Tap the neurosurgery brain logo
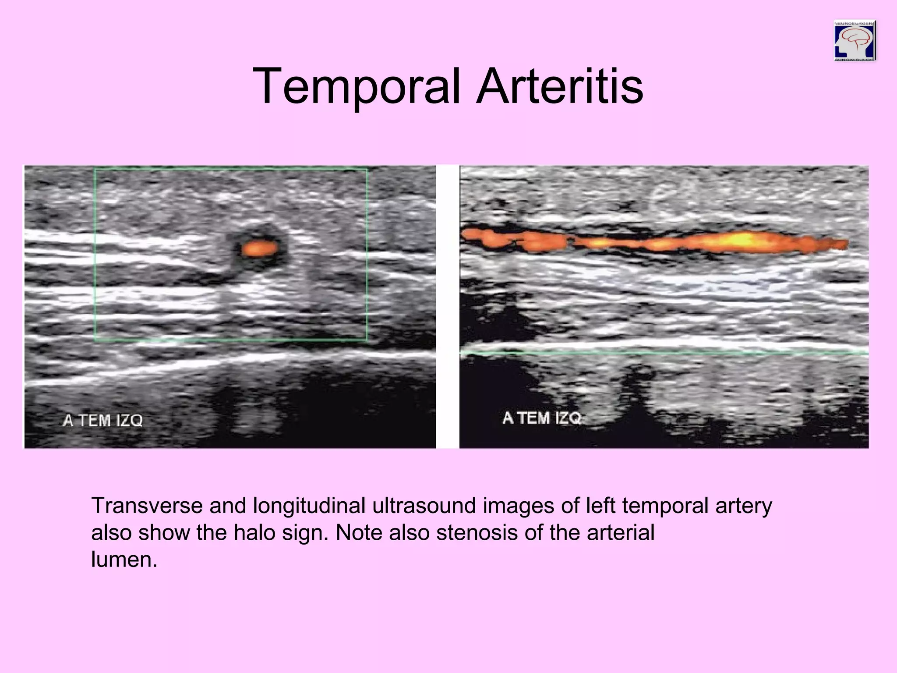(855, 41)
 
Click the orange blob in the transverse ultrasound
(259, 248)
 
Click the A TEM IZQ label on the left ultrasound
(103, 421)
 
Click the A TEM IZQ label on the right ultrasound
(542, 418)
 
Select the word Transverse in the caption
(146, 506)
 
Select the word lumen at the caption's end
(124, 560)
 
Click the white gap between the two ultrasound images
(448, 307)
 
